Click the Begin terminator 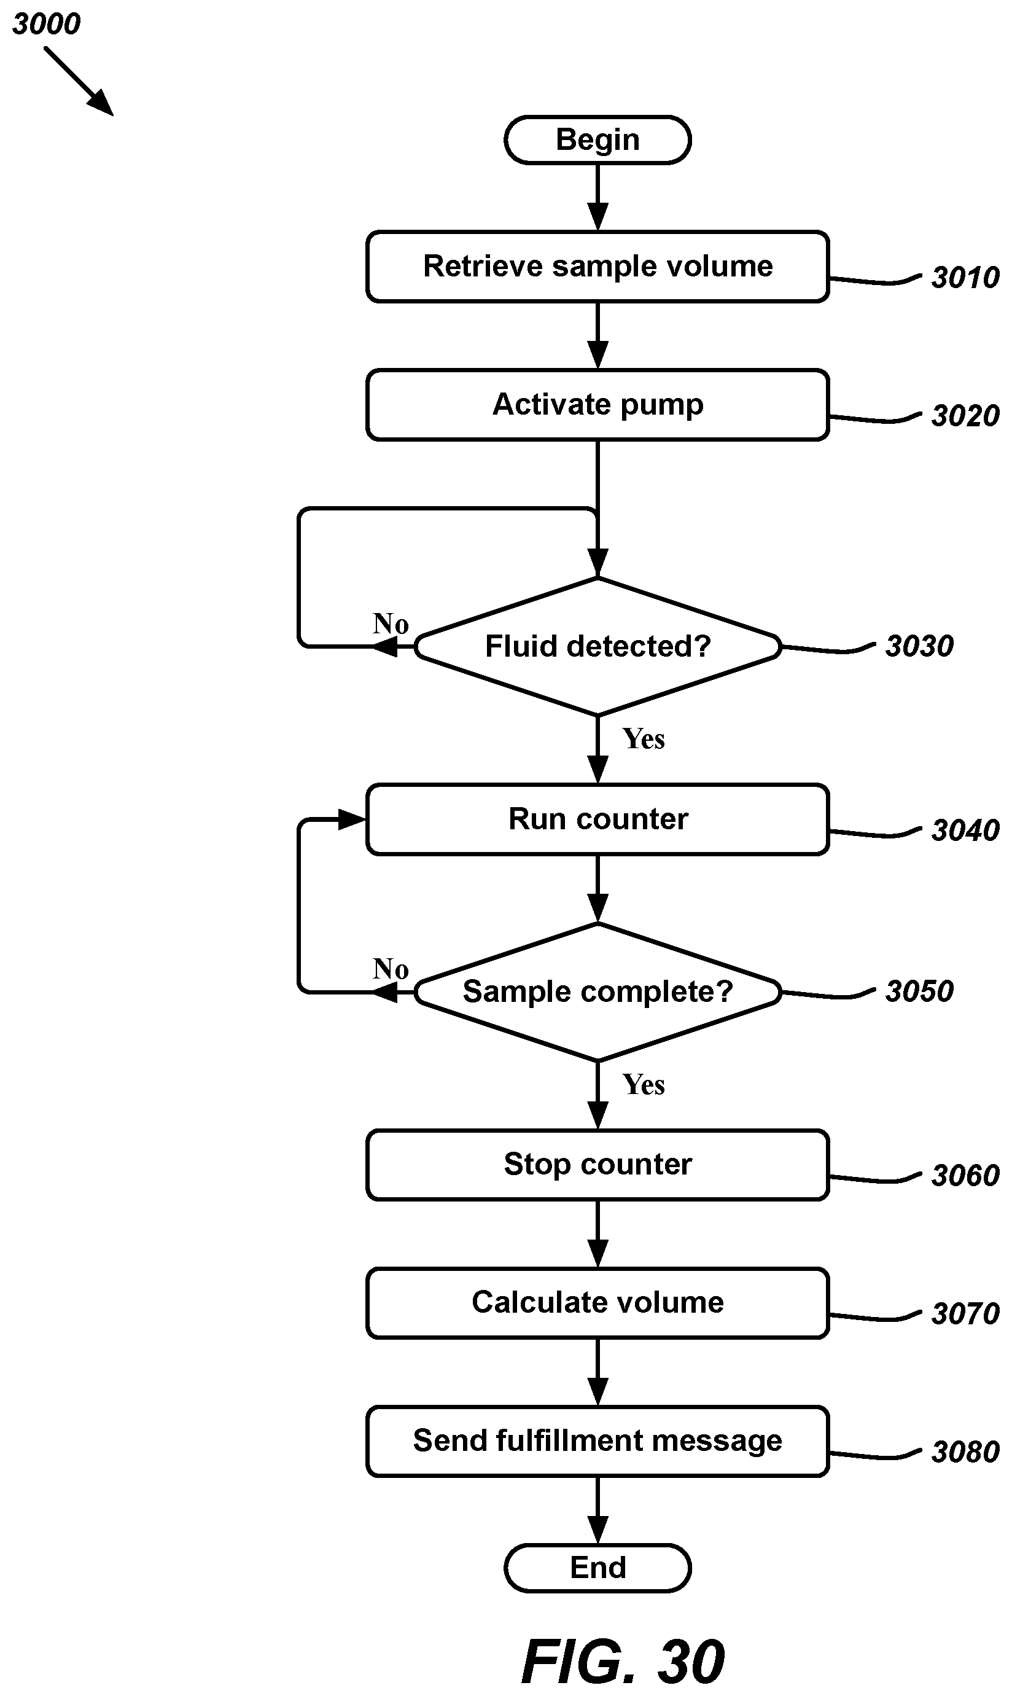[597, 140]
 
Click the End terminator [597, 1568]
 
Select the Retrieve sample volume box [597, 267]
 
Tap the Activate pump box [597, 405]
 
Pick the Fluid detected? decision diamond [597, 646]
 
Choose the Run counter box [597, 819]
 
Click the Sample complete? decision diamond [597, 992]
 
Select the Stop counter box [597, 1165]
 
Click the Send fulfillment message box [597, 1442]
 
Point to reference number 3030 [919, 646]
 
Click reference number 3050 [919, 991]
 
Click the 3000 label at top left [47, 25]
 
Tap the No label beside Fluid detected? [391, 624]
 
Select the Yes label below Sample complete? [643, 1085]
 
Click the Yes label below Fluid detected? [643, 739]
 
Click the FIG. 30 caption [623, 1662]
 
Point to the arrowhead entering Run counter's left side [352, 819]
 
